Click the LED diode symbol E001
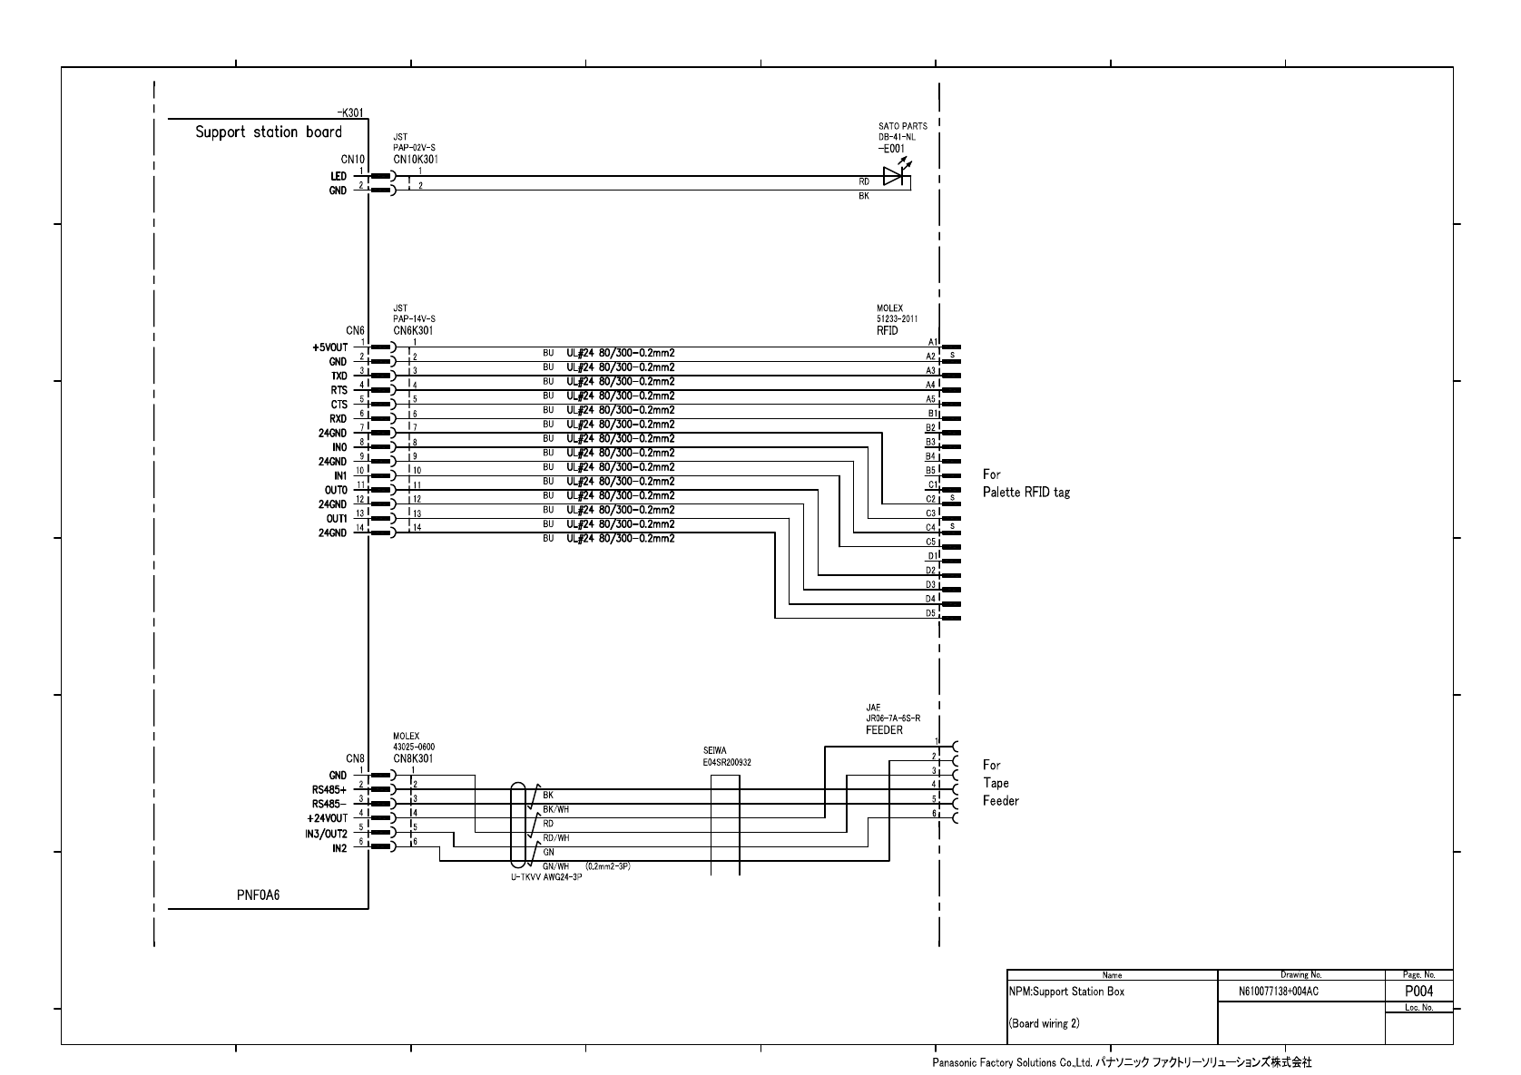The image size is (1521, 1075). click(x=894, y=177)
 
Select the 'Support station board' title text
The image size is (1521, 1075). click(x=269, y=132)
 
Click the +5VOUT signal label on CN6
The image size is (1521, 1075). click(x=329, y=347)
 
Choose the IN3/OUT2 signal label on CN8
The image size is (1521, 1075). click(x=326, y=834)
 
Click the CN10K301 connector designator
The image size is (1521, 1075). click(x=416, y=159)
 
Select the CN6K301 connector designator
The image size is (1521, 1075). click(x=413, y=330)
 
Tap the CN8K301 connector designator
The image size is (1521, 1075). click(x=413, y=757)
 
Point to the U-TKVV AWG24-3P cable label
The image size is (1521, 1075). click(x=546, y=877)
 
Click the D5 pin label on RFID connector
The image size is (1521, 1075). click(x=930, y=613)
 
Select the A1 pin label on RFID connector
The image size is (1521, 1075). click(x=930, y=342)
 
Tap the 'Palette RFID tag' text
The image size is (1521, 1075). click(x=1026, y=493)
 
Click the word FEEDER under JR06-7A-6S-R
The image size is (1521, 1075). click(x=884, y=729)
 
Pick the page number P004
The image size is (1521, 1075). click(x=1418, y=992)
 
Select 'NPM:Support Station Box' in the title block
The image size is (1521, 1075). click(x=1066, y=992)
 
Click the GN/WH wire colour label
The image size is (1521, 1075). click(x=555, y=866)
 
